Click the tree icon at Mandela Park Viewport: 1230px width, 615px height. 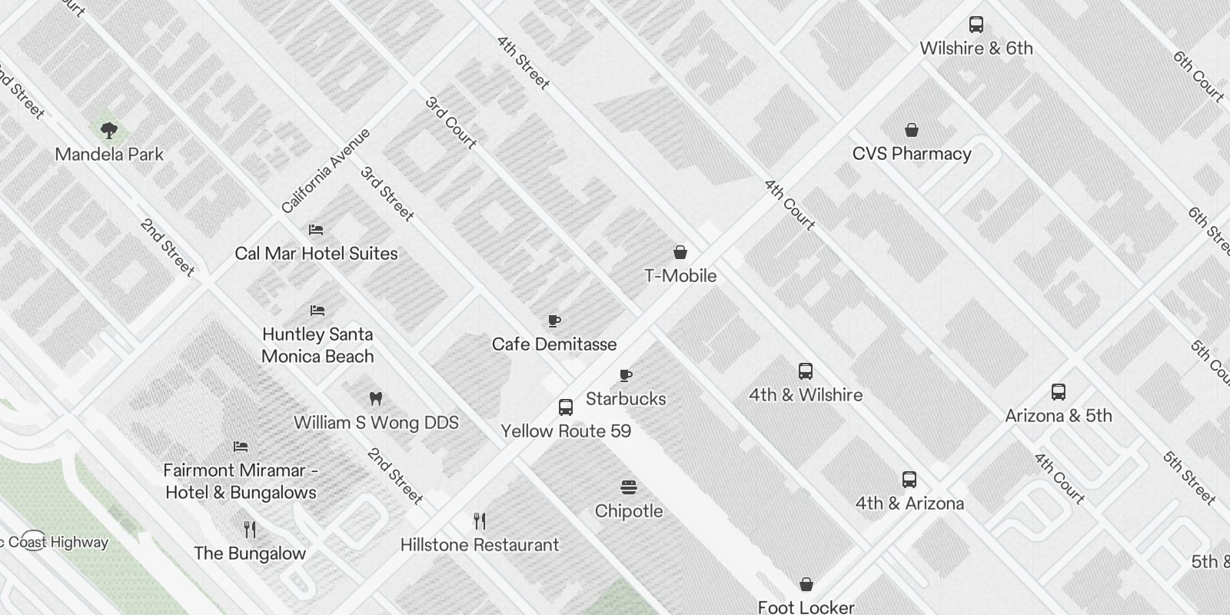109,130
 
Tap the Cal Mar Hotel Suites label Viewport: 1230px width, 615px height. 316,254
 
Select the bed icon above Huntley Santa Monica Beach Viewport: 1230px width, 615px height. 317,311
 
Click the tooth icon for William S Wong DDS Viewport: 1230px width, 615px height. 376,398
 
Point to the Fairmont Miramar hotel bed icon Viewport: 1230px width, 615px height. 241,446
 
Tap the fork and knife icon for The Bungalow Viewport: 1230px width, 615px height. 249,529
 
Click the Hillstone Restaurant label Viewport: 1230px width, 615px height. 479,545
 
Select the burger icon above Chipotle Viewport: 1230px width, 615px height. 628,487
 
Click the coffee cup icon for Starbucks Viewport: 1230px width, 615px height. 626,376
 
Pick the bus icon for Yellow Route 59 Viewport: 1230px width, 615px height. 566,407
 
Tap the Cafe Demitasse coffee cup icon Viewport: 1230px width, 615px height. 553,321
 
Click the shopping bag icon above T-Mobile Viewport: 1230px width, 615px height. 680,252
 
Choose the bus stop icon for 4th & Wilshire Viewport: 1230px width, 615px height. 805,371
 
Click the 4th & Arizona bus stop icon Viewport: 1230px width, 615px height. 909,480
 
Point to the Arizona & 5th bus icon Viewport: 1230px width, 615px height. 1059,392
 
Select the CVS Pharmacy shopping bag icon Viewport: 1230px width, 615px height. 912,130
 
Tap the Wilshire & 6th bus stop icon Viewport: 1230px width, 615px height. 976,25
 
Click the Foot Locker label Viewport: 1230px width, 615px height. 806,607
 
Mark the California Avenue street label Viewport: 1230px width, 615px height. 326,171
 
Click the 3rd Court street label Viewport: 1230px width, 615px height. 451,122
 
